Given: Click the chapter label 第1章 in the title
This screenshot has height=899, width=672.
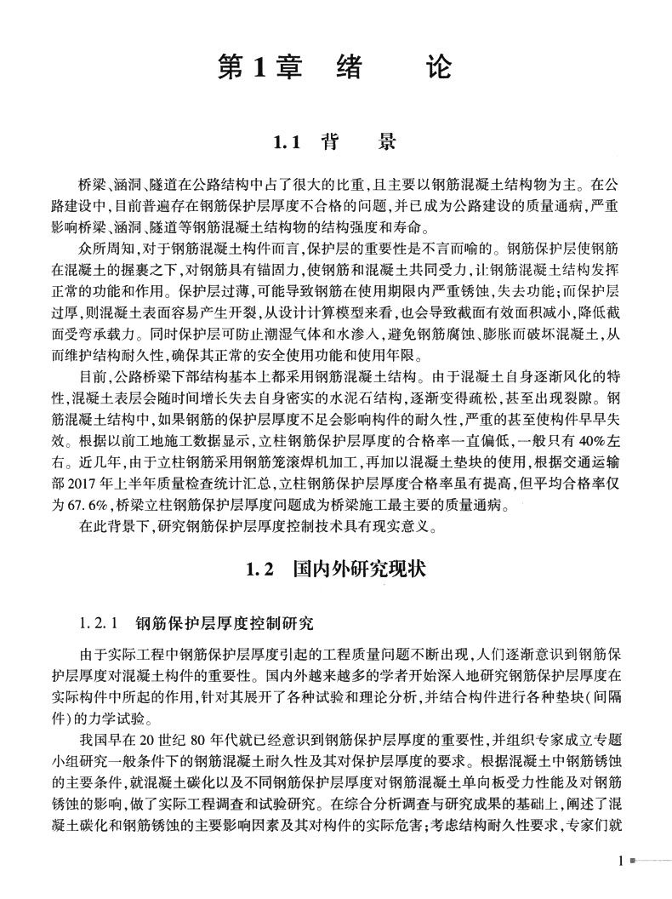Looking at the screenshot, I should [260, 67].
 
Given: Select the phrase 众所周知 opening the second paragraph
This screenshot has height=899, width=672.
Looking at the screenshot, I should [104, 249].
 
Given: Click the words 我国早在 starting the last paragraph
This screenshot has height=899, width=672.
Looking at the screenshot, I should [104, 736].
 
